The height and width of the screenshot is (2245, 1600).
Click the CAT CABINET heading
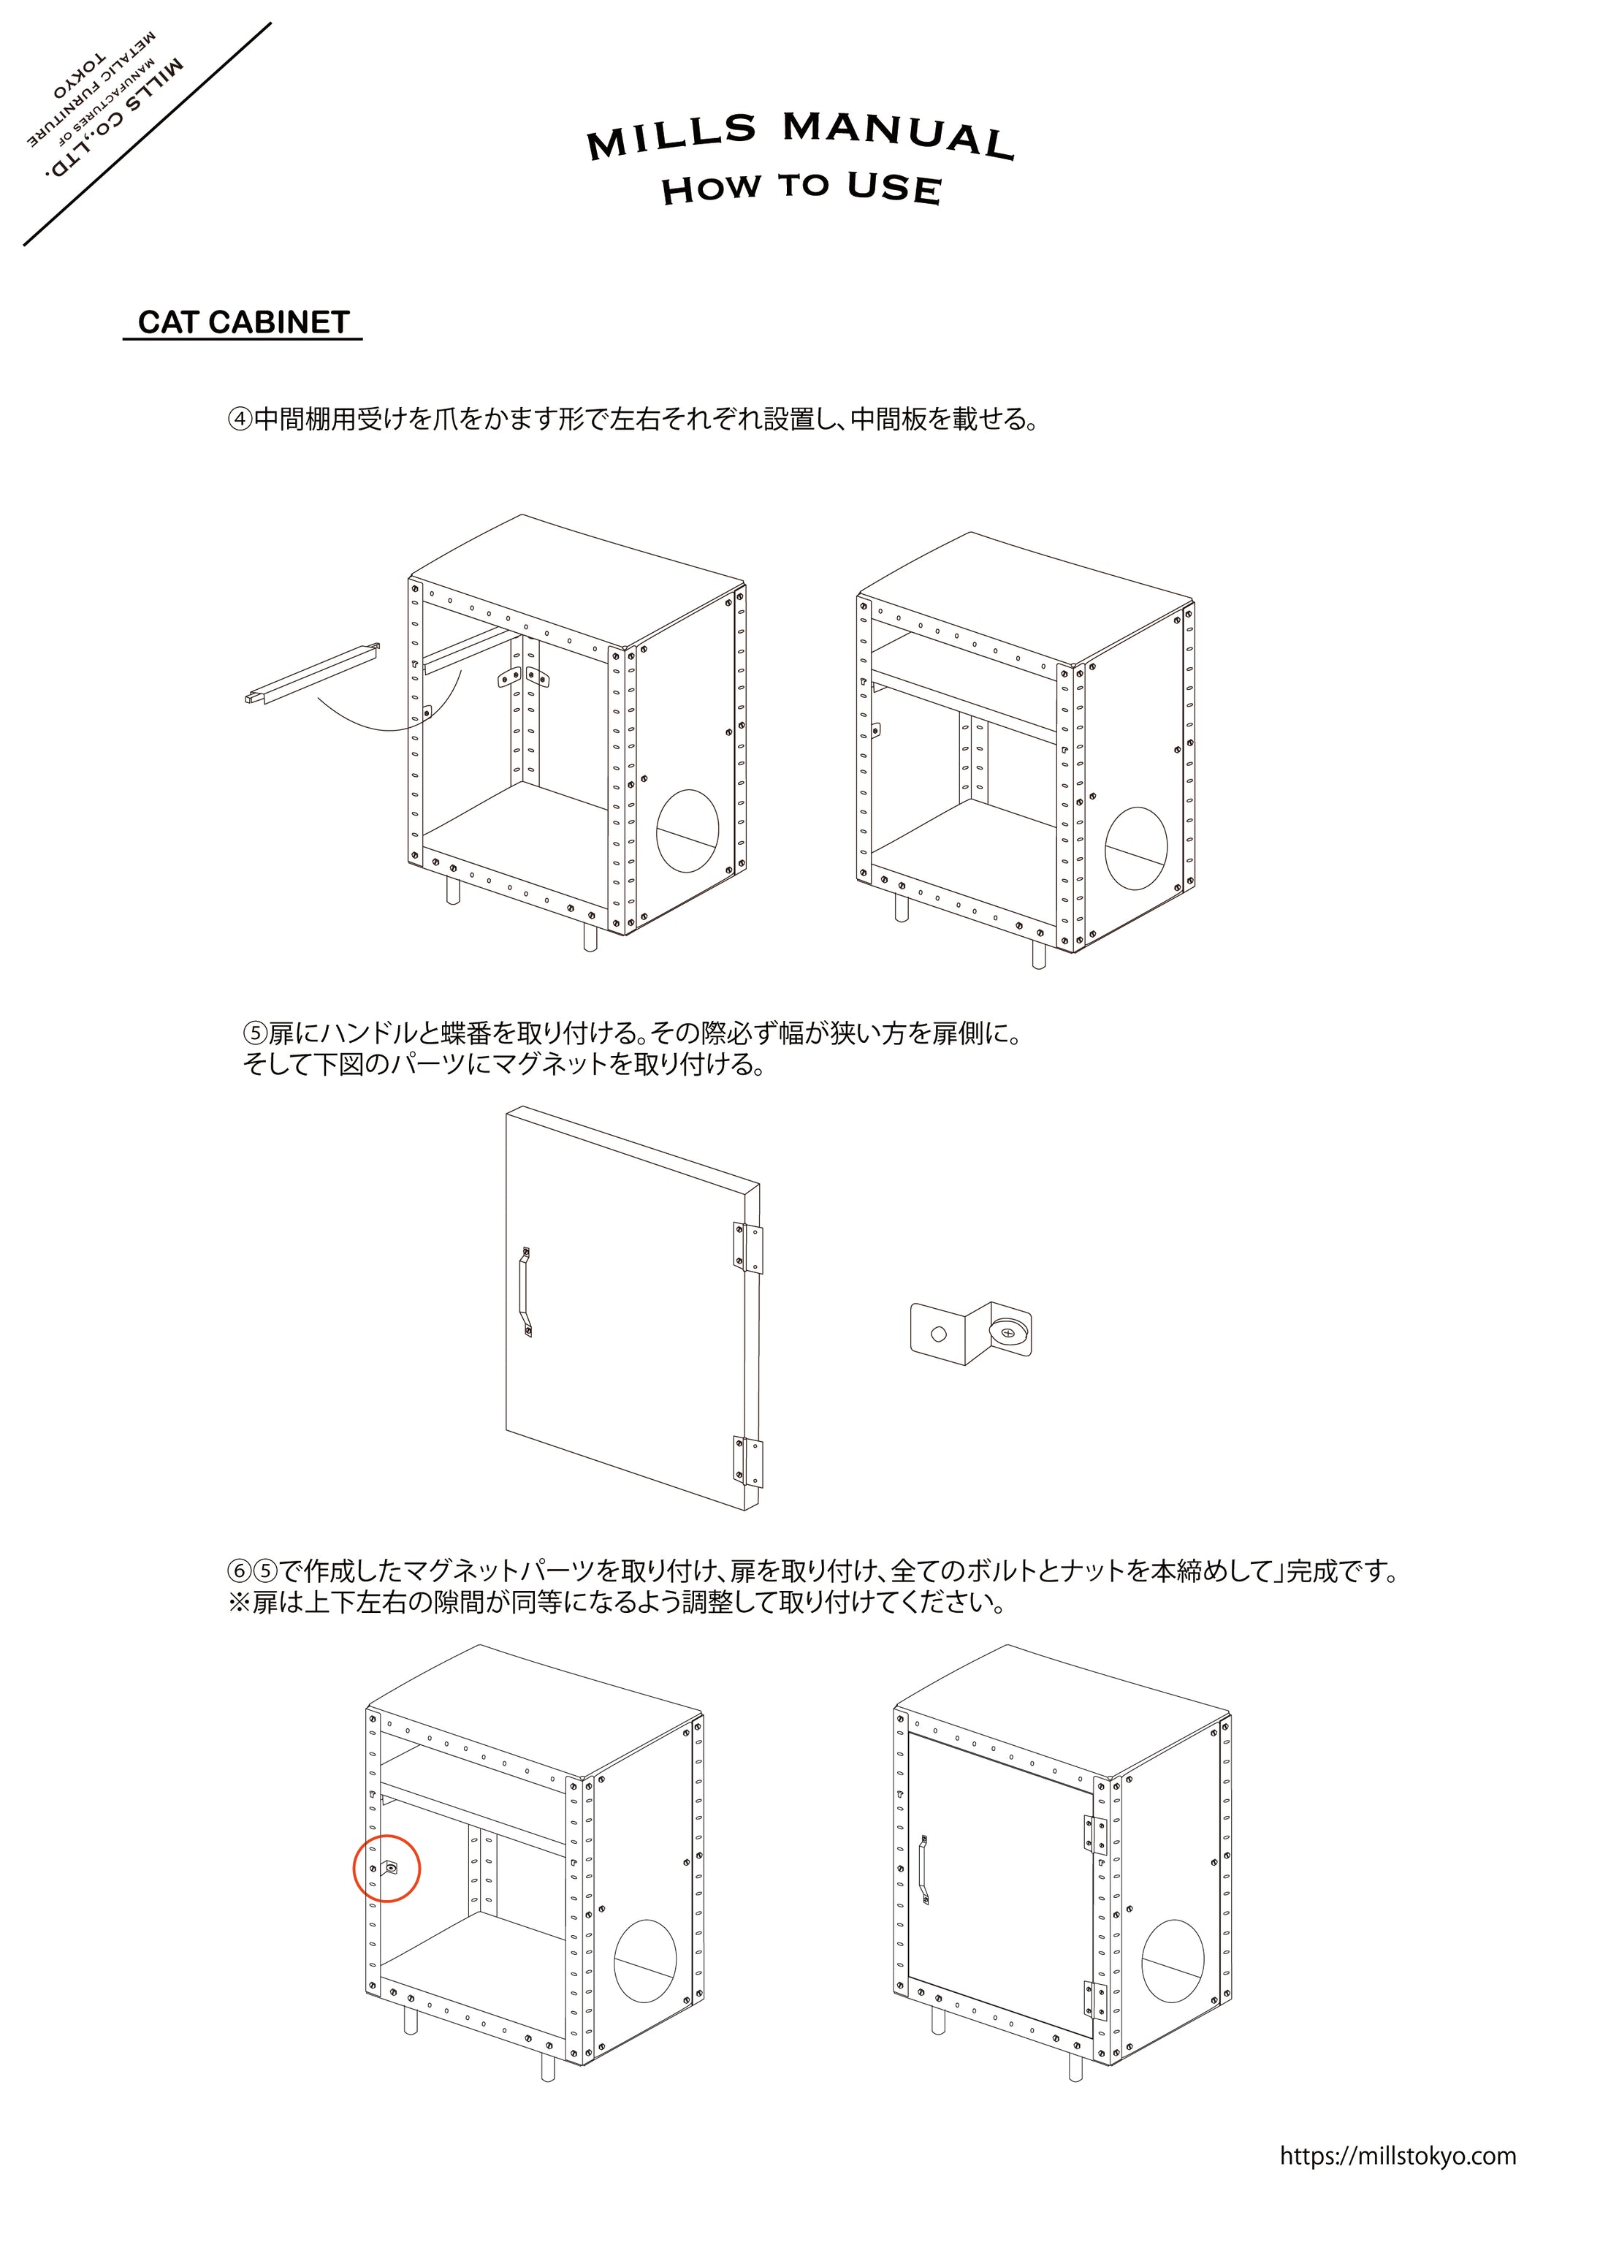click(x=243, y=322)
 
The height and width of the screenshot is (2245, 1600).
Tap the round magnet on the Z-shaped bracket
click(x=1008, y=1332)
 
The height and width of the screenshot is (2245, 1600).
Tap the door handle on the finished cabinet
click(x=924, y=1869)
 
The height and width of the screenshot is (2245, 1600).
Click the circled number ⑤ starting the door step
click(x=255, y=1034)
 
